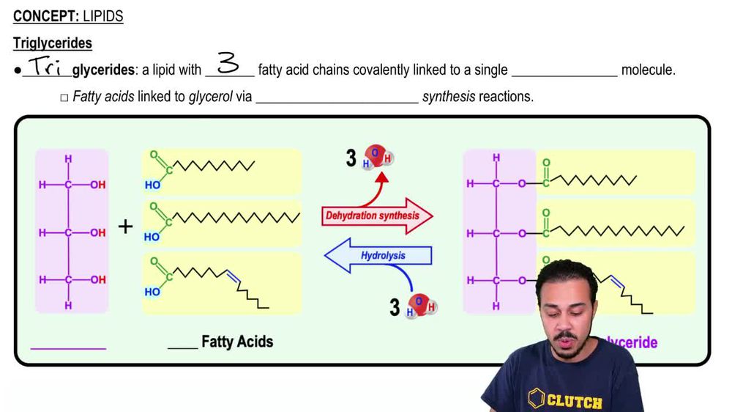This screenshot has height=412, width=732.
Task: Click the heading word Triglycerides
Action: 53,43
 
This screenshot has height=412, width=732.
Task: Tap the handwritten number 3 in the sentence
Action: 228,65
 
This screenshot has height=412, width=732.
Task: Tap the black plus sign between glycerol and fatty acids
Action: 126,227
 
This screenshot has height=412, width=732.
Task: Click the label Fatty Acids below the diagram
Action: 237,342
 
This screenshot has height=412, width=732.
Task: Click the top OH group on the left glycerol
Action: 98,185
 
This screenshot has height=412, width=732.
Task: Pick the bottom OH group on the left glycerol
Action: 98,280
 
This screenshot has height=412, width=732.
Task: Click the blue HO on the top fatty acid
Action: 152,185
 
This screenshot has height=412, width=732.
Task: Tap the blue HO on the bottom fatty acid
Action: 152,292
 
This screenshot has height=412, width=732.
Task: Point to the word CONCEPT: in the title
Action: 45,16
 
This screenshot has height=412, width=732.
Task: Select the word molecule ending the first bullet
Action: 648,70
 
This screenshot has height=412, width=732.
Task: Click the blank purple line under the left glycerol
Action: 68,347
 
